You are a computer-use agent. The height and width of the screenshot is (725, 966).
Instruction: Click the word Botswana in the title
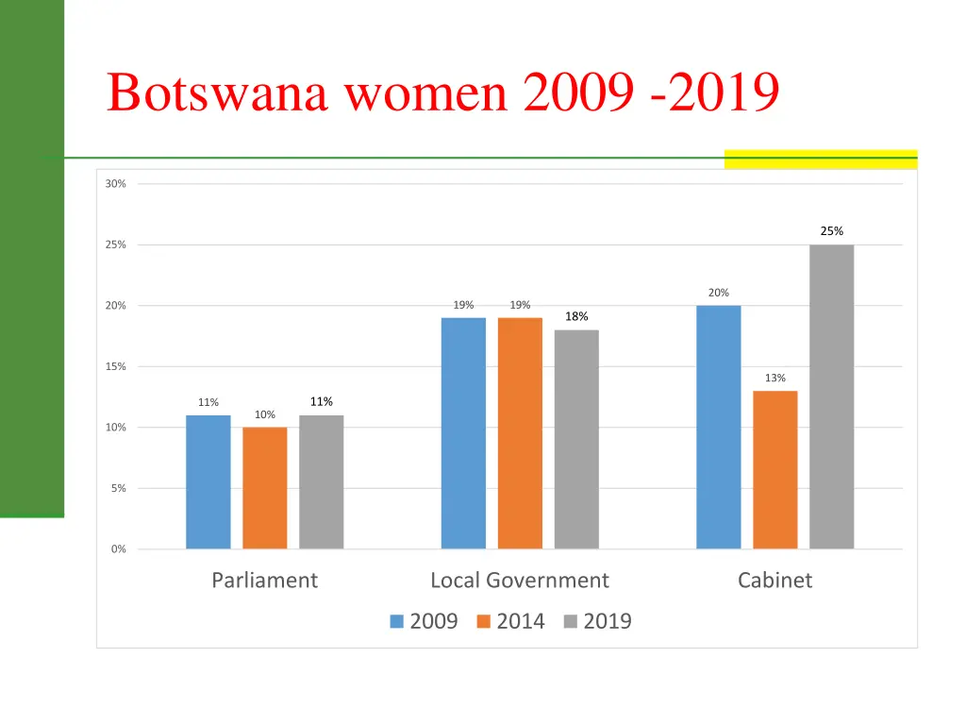(217, 93)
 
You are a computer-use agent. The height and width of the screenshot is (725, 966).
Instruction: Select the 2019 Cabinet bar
(831, 396)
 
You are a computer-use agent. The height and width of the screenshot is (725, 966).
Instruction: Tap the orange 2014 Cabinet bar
(774, 469)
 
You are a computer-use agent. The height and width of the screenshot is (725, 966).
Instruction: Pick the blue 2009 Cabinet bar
(718, 427)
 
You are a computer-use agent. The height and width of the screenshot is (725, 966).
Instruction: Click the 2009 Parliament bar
(208, 481)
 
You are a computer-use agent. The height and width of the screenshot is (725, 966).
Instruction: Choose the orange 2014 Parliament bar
(264, 487)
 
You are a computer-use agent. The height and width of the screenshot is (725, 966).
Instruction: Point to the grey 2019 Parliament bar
(321, 481)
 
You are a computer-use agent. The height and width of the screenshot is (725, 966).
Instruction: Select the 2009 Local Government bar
(463, 432)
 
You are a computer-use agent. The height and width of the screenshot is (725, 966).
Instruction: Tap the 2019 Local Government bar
(576, 439)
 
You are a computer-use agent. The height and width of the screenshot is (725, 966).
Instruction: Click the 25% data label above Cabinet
(831, 231)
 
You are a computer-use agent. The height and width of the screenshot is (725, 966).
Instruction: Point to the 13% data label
(774, 379)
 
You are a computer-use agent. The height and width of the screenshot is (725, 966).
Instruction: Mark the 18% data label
(576, 317)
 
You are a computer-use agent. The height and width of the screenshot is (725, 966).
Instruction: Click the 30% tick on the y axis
(115, 184)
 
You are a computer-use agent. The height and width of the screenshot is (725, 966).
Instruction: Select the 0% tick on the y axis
(118, 549)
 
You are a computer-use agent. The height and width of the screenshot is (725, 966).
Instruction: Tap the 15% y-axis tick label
(115, 366)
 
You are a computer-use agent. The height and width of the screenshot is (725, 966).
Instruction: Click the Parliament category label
(264, 581)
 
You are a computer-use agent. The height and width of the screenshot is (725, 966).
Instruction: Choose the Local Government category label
(519, 581)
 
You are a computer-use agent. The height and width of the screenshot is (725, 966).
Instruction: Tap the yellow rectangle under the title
(820, 160)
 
